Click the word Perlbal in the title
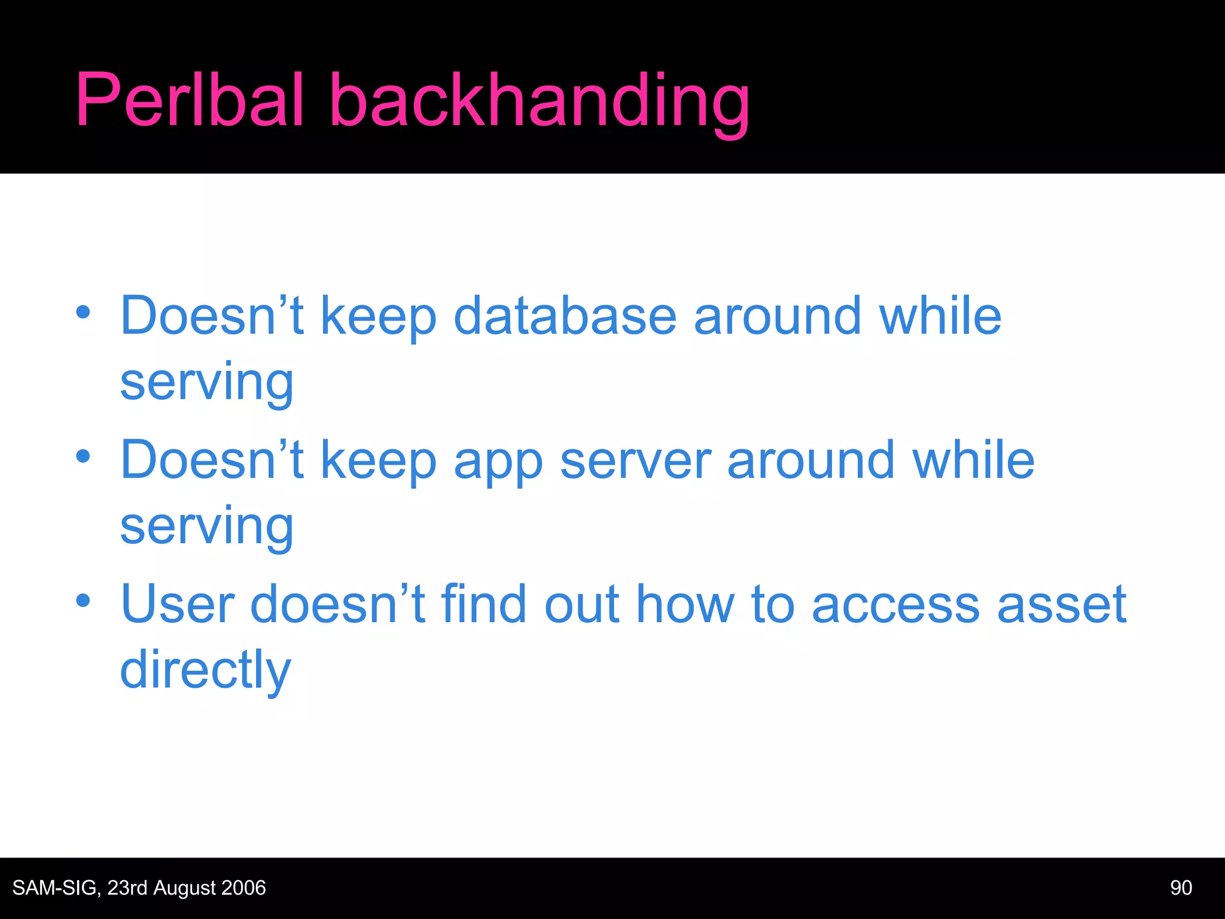click(190, 100)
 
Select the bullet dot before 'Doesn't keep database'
click(83, 312)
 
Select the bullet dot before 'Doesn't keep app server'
click(83, 457)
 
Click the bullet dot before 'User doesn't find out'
click(83, 600)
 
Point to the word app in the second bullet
click(498, 462)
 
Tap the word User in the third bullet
click(177, 604)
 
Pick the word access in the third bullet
click(895, 604)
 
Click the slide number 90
click(1181, 888)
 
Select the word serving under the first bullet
click(206, 383)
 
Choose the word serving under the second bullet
click(206, 527)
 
